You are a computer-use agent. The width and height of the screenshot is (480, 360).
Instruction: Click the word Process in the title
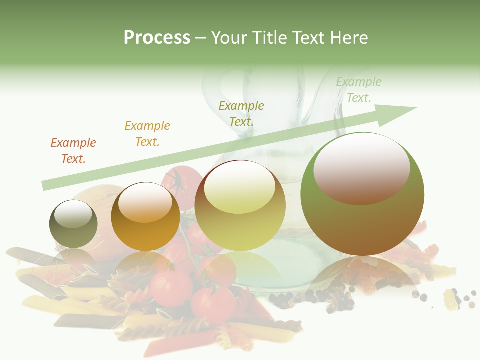pos(157,38)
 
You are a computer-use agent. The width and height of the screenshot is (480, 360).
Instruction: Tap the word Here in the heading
pos(348,38)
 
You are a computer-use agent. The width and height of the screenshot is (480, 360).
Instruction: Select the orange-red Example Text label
pos(73,151)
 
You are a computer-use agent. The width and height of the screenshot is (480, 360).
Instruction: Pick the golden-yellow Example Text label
pos(147,134)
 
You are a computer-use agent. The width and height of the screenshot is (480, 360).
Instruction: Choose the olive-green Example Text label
pos(241,114)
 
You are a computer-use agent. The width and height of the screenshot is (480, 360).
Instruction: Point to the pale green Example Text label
pos(359,90)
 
